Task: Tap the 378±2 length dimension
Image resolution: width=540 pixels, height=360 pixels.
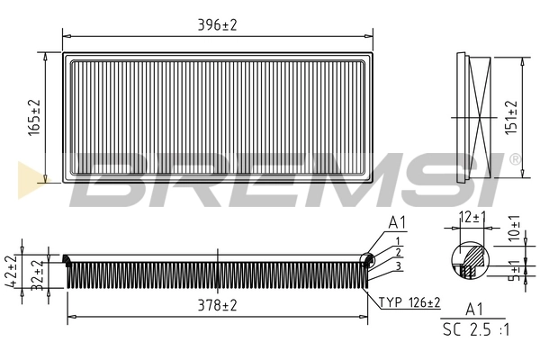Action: tap(217, 306)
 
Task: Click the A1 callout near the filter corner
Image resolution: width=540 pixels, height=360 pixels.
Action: tap(397, 222)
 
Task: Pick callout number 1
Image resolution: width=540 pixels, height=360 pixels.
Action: tap(396, 239)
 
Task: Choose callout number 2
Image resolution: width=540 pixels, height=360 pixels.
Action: tap(396, 252)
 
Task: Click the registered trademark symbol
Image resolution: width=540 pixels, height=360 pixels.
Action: tap(514, 159)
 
